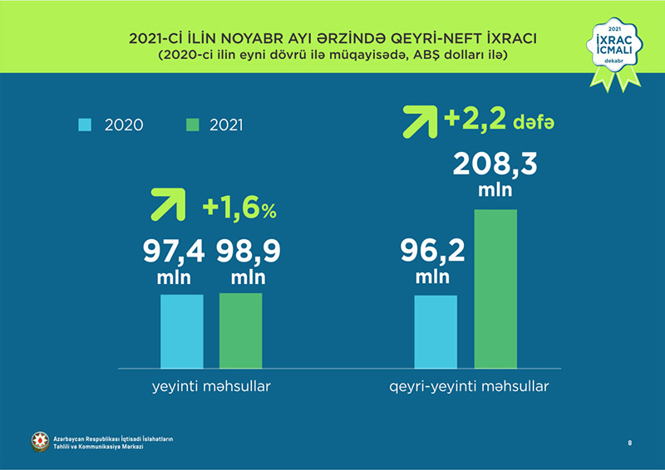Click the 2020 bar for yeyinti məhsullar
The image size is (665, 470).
pyautogui.click(x=181, y=330)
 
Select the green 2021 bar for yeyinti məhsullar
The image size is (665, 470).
pyautogui.click(x=240, y=330)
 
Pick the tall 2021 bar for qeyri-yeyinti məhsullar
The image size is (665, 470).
pyautogui.click(x=495, y=288)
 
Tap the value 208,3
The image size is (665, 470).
pyautogui.click(x=495, y=164)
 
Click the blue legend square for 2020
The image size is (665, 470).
pyautogui.click(x=84, y=125)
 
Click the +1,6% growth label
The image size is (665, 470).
pyautogui.click(x=239, y=209)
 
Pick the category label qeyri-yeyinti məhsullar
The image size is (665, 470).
pyautogui.click(x=469, y=387)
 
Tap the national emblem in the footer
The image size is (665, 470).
pyautogui.click(x=39, y=442)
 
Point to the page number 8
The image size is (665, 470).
pyautogui.click(x=629, y=444)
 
